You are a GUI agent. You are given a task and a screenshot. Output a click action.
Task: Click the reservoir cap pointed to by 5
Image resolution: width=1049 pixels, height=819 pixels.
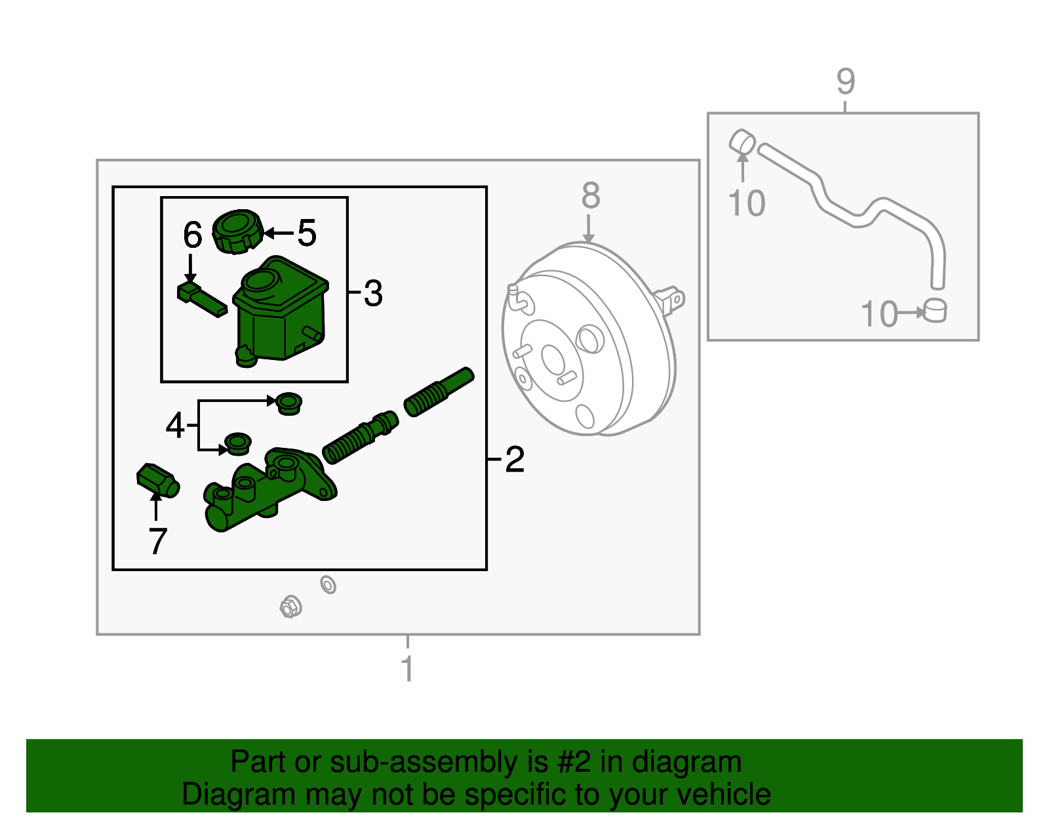tap(238, 231)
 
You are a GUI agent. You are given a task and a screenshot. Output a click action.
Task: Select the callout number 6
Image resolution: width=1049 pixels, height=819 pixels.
tap(193, 235)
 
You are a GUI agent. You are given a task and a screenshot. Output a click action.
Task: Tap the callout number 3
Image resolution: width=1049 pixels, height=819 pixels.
tap(373, 293)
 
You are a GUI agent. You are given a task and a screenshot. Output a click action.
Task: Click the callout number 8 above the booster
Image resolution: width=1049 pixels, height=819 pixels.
tap(591, 196)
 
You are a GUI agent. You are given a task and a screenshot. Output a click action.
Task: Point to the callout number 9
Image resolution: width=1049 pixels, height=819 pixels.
tap(845, 81)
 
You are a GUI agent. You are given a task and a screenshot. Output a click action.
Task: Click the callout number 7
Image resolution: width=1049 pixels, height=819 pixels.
tap(157, 541)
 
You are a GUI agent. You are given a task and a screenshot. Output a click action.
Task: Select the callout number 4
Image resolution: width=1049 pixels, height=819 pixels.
tap(175, 425)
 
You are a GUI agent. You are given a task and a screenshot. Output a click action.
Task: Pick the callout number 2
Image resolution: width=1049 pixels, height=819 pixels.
tap(515, 459)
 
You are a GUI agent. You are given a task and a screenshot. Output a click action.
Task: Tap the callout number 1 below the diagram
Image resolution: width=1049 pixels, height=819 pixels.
tap(408, 668)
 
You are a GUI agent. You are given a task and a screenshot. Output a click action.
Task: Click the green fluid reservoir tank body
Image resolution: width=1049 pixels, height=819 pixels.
tap(280, 313)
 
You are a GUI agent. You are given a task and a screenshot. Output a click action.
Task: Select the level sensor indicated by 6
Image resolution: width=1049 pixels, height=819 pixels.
tap(201, 299)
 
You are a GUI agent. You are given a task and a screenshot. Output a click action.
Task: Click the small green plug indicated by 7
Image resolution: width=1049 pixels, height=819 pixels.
tap(158, 481)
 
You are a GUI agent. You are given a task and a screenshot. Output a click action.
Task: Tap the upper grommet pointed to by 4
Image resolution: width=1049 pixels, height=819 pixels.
tap(288, 404)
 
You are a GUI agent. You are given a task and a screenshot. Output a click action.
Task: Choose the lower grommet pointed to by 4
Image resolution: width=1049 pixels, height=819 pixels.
tap(238, 443)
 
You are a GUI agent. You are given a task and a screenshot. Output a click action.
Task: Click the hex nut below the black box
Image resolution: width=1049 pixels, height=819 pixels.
tap(290, 607)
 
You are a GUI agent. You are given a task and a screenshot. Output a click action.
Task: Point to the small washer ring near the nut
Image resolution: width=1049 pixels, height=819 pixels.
tap(328, 585)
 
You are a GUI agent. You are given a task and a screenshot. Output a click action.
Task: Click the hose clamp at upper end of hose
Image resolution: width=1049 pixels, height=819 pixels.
tap(742, 141)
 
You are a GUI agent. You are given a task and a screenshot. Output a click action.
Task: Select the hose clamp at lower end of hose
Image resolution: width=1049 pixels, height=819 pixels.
tap(935, 310)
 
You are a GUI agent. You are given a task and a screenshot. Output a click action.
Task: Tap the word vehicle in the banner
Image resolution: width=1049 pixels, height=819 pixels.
tap(724, 795)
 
